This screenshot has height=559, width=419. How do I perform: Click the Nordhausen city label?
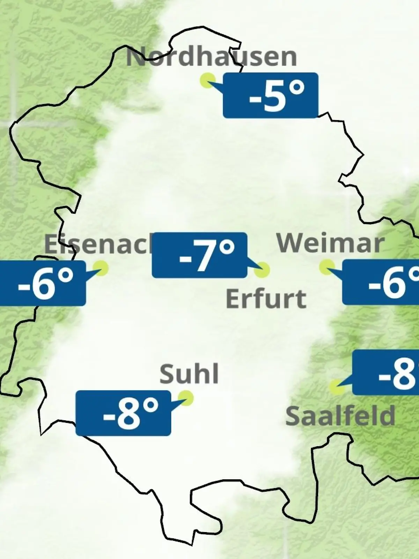coord(211,57)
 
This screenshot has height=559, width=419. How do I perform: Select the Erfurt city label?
coord(266,298)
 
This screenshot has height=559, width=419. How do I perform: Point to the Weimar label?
coord(330,243)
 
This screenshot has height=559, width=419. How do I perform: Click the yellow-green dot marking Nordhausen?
coord(207,80)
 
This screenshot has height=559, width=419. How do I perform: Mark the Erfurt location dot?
coord(262,270)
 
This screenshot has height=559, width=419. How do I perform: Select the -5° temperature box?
coord(271,95)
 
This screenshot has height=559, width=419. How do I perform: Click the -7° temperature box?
coord(200,255)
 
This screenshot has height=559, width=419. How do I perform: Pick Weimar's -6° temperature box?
coord(381,282)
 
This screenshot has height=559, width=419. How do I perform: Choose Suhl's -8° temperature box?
coord(123,413)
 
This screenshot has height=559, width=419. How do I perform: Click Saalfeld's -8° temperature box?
coord(386,372)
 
